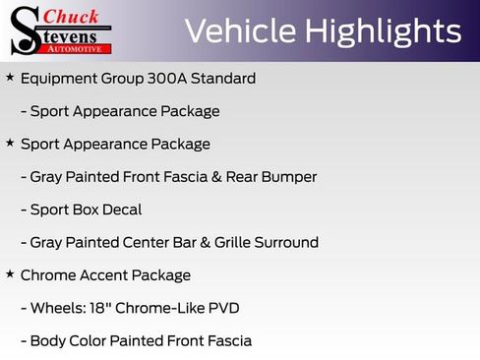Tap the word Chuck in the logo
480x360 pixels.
(73, 17)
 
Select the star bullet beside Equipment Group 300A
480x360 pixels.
(10, 77)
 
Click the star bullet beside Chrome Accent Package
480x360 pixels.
(10, 274)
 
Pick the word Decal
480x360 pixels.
(120, 210)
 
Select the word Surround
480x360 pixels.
(285, 242)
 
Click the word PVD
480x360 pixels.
(221, 308)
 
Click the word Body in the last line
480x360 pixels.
(49, 341)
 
